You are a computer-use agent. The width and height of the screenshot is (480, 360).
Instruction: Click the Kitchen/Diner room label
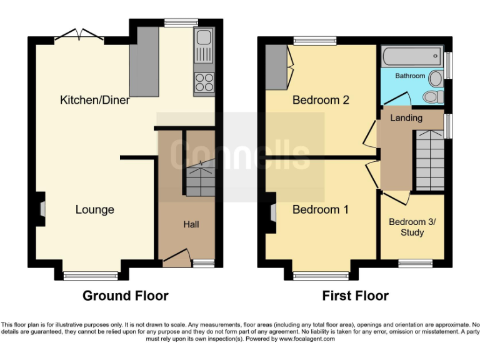(x=94, y=100)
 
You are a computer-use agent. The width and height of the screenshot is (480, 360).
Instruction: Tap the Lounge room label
(x=95, y=209)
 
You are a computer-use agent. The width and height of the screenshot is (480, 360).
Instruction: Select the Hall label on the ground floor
(x=191, y=224)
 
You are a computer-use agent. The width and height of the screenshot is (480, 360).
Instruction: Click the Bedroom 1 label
(x=321, y=209)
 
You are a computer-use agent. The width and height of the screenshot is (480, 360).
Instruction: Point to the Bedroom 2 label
(x=321, y=100)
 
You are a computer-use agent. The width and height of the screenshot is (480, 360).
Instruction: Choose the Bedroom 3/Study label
(x=412, y=227)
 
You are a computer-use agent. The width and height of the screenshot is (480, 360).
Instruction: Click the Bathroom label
(x=410, y=76)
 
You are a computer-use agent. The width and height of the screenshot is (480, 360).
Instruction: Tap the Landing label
(x=406, y=117)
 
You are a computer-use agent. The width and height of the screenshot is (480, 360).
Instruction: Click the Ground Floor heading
(x=125, y=296)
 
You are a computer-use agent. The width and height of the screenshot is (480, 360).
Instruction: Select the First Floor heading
(x=355, y=296)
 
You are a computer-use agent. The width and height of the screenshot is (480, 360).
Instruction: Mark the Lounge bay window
(x=91, y=274)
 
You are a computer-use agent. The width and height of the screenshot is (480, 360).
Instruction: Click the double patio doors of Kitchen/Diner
(x=79, y=36)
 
